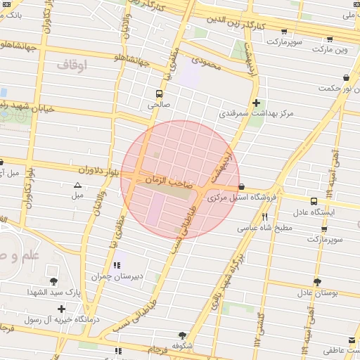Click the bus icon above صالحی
pos(160,93)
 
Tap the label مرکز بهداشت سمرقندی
pos(257,112)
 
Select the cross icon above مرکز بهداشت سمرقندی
pos(256,102)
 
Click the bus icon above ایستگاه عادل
pos(328,200)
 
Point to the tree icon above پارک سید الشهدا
pos(53,281)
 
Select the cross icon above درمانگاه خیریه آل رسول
pos(62,309)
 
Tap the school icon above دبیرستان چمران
pos(117,265)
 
